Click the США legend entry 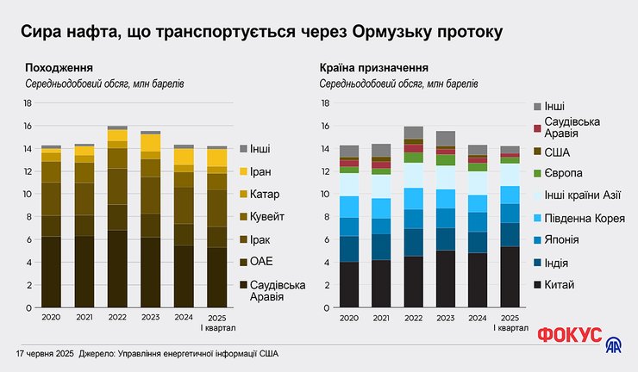561,151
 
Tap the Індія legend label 561,263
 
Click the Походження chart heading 59,67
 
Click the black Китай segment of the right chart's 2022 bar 413,282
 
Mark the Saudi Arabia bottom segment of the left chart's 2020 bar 51,271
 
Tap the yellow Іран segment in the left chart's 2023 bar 150,142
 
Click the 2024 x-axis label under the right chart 478,318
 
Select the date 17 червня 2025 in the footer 44,355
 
